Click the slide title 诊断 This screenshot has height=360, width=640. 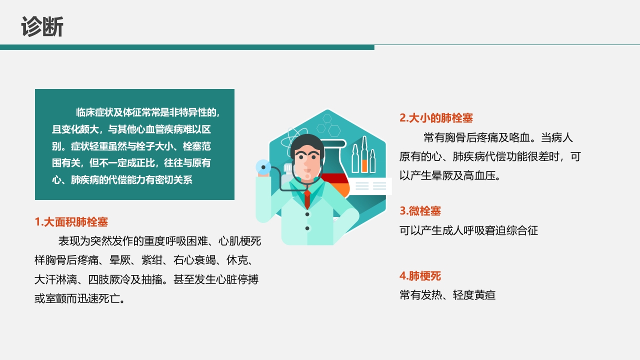coord(42,26)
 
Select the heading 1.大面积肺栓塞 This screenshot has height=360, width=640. coord(71,222)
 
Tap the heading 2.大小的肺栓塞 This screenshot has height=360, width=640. coord(436,118)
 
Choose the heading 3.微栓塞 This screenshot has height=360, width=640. coord(420,211)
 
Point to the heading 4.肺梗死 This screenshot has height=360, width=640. coord(420,276)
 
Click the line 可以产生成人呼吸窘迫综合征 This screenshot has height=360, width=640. coord(468,230)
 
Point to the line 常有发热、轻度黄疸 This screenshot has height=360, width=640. coord(447,295)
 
